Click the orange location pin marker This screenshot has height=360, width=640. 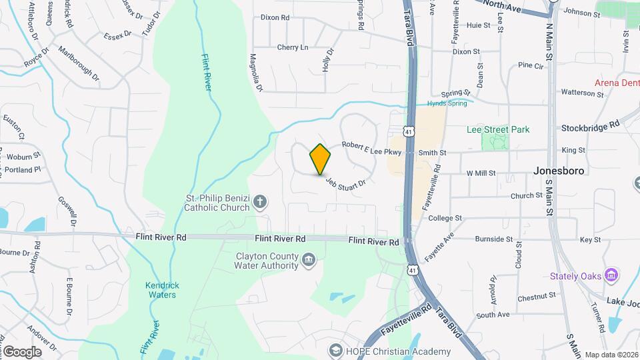tap(321, 159)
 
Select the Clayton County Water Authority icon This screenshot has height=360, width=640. tap(308, 259)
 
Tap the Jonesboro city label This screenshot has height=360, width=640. tap(559, 171)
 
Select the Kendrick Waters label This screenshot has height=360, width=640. tap(161, 290)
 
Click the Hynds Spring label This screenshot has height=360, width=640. tap(447, 103)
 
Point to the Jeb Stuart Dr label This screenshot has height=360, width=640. tap(346, 182)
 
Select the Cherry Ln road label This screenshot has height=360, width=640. tap(293, 47)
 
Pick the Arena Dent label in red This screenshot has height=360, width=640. tap(617, 83)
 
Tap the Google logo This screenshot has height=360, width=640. tap(21, 352)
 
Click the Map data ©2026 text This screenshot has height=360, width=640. tap(611, 355)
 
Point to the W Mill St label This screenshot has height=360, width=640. tap(481, 173)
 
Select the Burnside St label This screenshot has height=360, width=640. tap(494, 239)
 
